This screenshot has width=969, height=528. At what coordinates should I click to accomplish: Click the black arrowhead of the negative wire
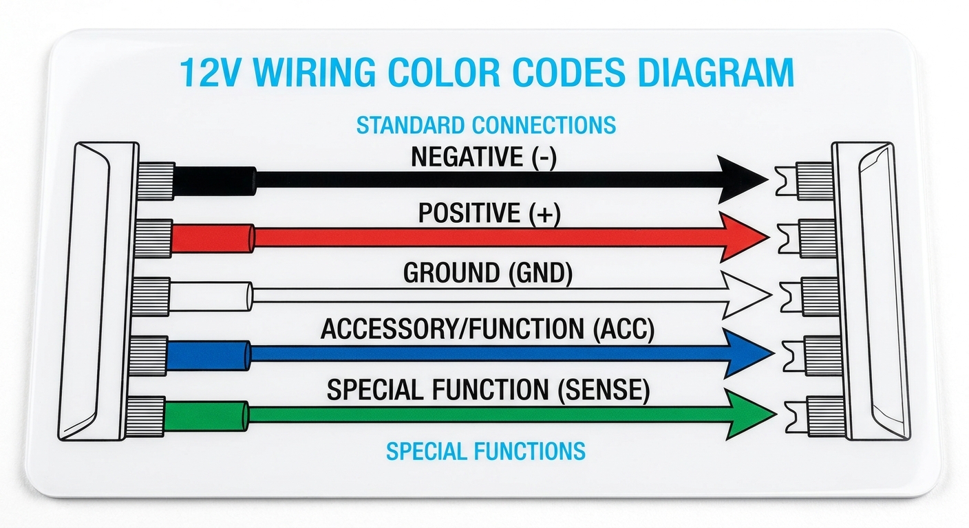click(740, 179)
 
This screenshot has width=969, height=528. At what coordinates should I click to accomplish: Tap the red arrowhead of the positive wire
click(740, 237)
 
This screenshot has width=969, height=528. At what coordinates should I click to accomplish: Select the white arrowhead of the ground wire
click(742, 294)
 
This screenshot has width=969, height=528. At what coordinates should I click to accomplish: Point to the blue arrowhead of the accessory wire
click(745, 353)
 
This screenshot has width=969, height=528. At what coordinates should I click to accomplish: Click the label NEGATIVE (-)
click(484, 157)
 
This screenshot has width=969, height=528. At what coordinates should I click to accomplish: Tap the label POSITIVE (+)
click(489, 214)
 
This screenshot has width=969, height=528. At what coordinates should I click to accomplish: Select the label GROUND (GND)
click(488, 274)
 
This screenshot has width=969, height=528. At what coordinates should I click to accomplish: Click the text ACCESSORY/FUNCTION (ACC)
click(487, 331)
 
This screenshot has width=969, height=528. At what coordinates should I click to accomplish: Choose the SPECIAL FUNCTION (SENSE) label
click(488, 390)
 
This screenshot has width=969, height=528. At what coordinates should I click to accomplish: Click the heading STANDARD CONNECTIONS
click(486, 125)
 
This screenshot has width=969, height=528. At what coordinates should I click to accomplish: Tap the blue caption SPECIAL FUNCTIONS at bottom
click(486, 451)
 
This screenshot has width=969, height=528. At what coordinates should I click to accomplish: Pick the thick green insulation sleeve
click(206, 416)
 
